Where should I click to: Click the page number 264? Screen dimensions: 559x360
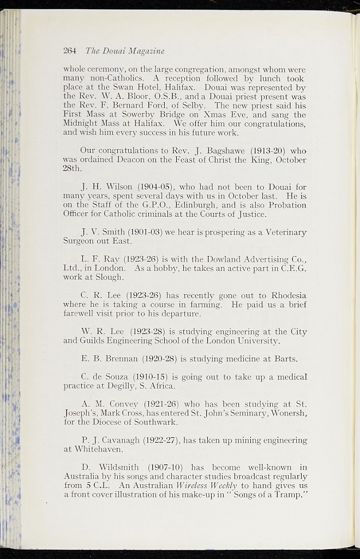tap(70, 51)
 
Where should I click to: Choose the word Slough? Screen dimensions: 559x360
tap(111, 278)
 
